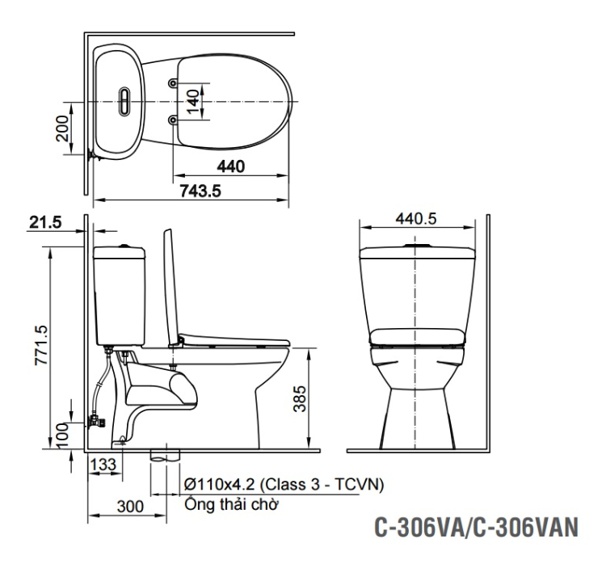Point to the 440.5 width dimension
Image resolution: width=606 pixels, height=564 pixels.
(416, 218)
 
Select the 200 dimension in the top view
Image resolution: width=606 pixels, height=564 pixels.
(62, 127)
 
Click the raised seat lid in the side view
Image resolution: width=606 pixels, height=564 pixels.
(170, 283)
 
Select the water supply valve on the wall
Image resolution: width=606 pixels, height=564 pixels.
(95, 420)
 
